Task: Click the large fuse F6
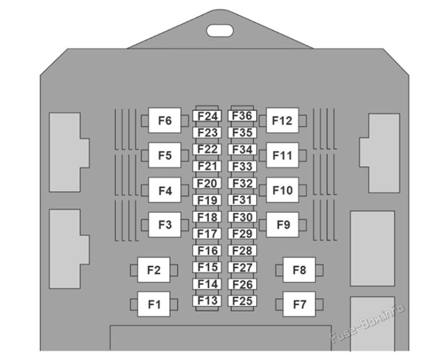tap(165, 121)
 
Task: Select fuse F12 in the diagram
tap(282, 121)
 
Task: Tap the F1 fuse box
tap(154, 304)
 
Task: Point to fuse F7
tap(299, 304)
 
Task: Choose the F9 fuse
tap(283, 224)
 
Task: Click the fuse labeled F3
tap(165, 224)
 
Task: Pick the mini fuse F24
tap(207, 116)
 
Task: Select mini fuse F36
tap(242, 116)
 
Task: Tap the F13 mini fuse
tap(207, 300)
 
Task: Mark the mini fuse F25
tap(242, 300)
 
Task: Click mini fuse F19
tap(207, 200)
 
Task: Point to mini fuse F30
tap(242, 217)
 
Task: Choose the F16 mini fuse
tap(207, 250)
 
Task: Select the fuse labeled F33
tap(242, 167)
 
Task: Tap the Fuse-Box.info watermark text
tap(367, 324)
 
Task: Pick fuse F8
tap(299, 270)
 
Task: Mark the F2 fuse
tap(154, 270)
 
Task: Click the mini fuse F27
tap(242, 267)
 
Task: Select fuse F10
tap(282, 190)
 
